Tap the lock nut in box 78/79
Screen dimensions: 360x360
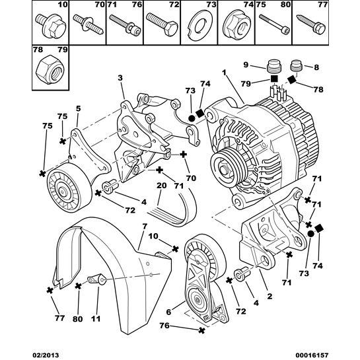pyautogui.click(x=50, y=69)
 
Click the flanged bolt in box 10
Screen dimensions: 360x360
pyautogui.click(x=51, y=26)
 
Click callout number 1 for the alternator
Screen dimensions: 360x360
pyautogui.click(x=224, y=73)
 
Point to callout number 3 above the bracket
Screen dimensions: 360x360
pyautogui.click(x=120, y=78)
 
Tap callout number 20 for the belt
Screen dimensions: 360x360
pyautogui.click(x=162, y=186)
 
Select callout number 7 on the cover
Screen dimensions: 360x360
pyautogui.click(x=145, y=227)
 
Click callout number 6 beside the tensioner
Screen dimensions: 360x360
pyautogui.click(x=168, y=312)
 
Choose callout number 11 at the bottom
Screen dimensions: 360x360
pyautogui.click(x=96, y=318)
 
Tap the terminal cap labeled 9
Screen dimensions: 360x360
pyautogui.click(x=273, y=65)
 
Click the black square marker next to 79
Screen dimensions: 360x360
pyautogui.click(x=274, y=79)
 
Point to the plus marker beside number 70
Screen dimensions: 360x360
pyautogui.click(x=183, y=155)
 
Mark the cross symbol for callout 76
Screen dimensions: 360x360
pyautogui.click(x=201, y=330)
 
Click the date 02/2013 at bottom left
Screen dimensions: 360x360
pyautogui.click(x=46, y=355)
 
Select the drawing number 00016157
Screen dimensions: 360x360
pyautogui.click(x=314, y=355)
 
